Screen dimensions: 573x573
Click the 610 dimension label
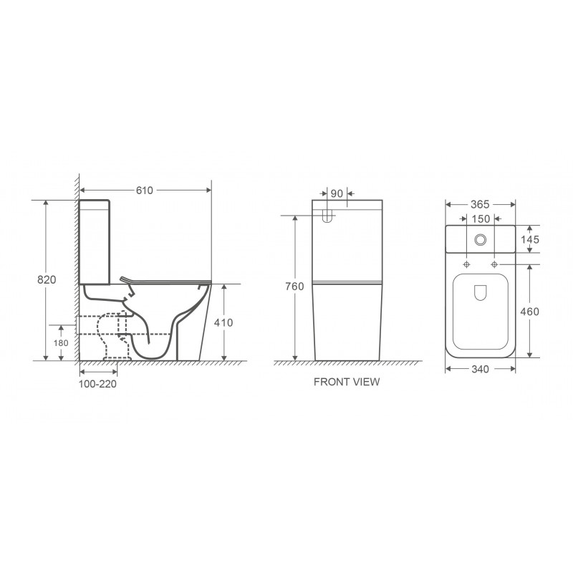pos(145,191)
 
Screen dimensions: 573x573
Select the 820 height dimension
pos(47,279)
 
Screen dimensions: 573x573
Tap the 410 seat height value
pos(223,323)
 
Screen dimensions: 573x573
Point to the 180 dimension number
pos(61,343)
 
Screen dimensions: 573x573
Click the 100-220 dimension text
pos(97,384)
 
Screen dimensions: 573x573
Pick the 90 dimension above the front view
pos(337,193)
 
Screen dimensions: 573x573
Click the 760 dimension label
pos(294,286)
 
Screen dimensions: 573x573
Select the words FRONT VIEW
pos(347,382)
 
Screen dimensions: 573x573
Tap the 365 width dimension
pos(480,205)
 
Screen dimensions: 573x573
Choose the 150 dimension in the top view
pos(481,219)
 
